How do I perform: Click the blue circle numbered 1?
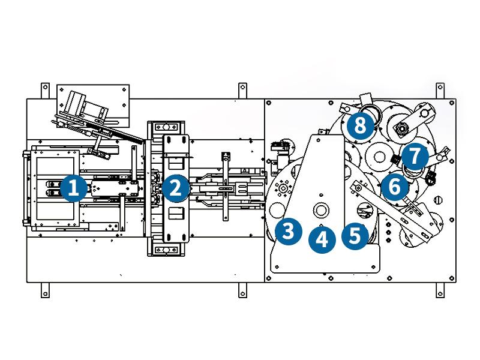73,188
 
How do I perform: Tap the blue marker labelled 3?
288,230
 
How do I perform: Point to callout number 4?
322,239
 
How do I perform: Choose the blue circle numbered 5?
355,234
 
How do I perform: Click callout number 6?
394,187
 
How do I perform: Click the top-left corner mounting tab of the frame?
44,90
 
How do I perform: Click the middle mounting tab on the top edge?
242,90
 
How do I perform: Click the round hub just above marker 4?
322,210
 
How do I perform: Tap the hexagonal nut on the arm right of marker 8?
403,127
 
